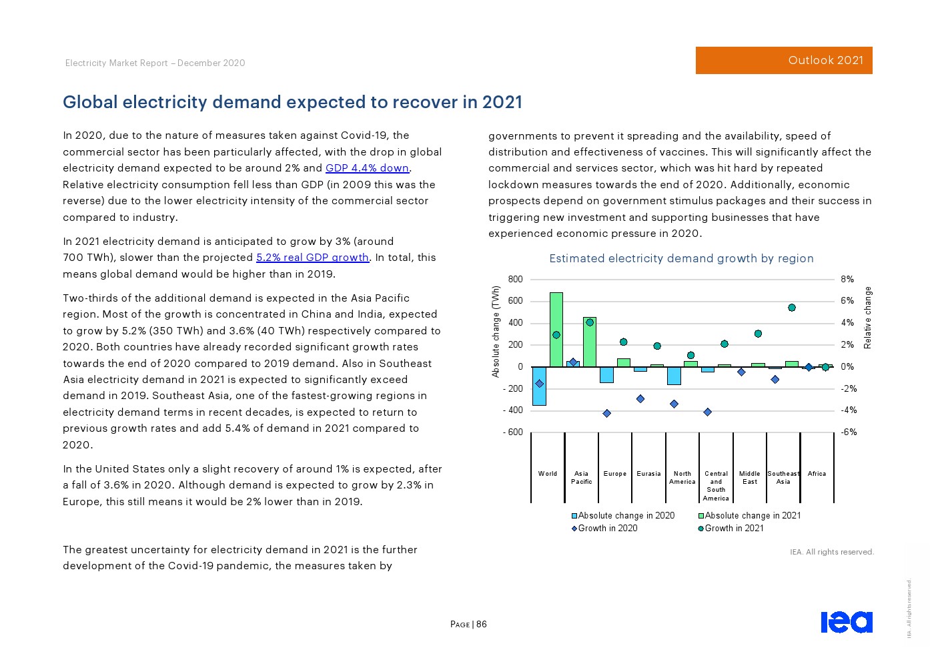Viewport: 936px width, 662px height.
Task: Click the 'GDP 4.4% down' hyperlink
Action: pos(368,168)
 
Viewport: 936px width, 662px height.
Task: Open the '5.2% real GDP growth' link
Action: pos(312,258)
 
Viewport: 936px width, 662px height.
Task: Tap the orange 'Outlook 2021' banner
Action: pos(784,60)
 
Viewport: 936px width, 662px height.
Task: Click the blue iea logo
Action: pos(846,621)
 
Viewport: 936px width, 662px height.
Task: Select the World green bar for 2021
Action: pos(556,329)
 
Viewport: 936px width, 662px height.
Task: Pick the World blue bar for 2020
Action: pos(539,386)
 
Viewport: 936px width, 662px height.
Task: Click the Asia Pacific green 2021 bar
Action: pos(590,342)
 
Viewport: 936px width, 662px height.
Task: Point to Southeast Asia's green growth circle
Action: pos(792,308)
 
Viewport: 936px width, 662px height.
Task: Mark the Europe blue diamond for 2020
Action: pos(606,414)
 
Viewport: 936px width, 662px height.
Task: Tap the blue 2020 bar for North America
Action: pos(674,376)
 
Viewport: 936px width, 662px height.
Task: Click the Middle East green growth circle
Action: pos(758,334)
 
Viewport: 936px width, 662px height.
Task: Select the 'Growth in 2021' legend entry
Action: pos(731,529)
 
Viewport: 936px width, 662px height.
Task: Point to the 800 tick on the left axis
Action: pos(515,280)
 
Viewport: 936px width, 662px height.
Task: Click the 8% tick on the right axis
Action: pos(847,280)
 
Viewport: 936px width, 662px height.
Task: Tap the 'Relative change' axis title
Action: pos(868,318)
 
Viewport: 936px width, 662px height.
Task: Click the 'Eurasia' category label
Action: pos(648,474)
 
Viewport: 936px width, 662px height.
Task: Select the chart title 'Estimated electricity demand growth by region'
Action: pos(681,259)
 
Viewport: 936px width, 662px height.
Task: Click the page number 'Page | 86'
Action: pos(468,625)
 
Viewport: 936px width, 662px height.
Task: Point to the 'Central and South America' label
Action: pos(716,486)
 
